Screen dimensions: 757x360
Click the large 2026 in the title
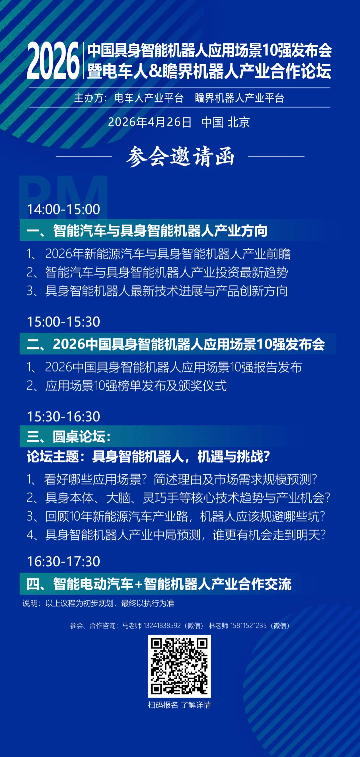[x=53, y=61]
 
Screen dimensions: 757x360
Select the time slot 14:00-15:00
[x=63, y=209]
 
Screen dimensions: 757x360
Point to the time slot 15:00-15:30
[x=63, y=322]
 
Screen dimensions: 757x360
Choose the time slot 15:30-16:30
[x=63, y=417]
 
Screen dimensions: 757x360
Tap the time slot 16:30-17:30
[x=63, y=562]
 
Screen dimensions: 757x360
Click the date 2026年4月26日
[x=150, y=122]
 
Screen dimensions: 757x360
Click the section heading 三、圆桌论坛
[x=68, y=437]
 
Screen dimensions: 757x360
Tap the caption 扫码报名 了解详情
[x=179, y=705]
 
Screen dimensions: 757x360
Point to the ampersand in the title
[x=155, y=71]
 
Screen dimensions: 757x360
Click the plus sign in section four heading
[x=139, y=584]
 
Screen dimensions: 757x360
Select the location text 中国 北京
[x=225, y=122]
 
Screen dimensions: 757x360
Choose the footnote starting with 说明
[x=98, y=603]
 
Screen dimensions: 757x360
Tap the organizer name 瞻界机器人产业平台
[x=239, y=98]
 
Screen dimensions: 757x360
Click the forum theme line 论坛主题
[x=148, y=457]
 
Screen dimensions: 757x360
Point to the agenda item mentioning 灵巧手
[x=178, y=498]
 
